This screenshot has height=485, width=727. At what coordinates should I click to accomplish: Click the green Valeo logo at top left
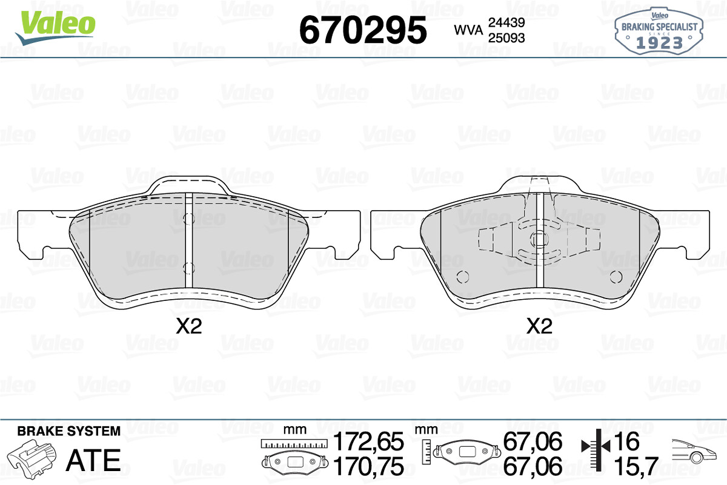point(56,28)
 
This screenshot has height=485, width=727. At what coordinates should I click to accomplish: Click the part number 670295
point(363,30)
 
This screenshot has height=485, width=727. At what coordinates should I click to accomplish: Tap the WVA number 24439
point(506,22)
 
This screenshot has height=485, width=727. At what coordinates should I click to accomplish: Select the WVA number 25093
point(506,38)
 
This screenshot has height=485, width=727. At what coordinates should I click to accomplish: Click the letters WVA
point(468,30)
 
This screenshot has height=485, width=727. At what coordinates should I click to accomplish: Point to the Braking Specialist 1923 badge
point(659,31)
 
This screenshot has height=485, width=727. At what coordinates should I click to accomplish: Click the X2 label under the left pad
point(189,326)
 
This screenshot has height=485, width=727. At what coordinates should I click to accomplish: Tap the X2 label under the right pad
point(539,326)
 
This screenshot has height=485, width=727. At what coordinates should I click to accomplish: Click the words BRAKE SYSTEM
point(69,431)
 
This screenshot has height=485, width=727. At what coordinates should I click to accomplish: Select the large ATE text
point(93,460)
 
